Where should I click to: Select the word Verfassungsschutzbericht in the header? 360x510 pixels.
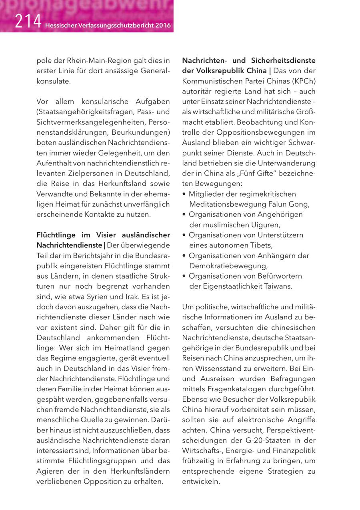coord(114,26)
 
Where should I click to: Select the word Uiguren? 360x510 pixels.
coord(264,225)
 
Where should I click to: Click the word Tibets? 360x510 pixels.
coord(260,245)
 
